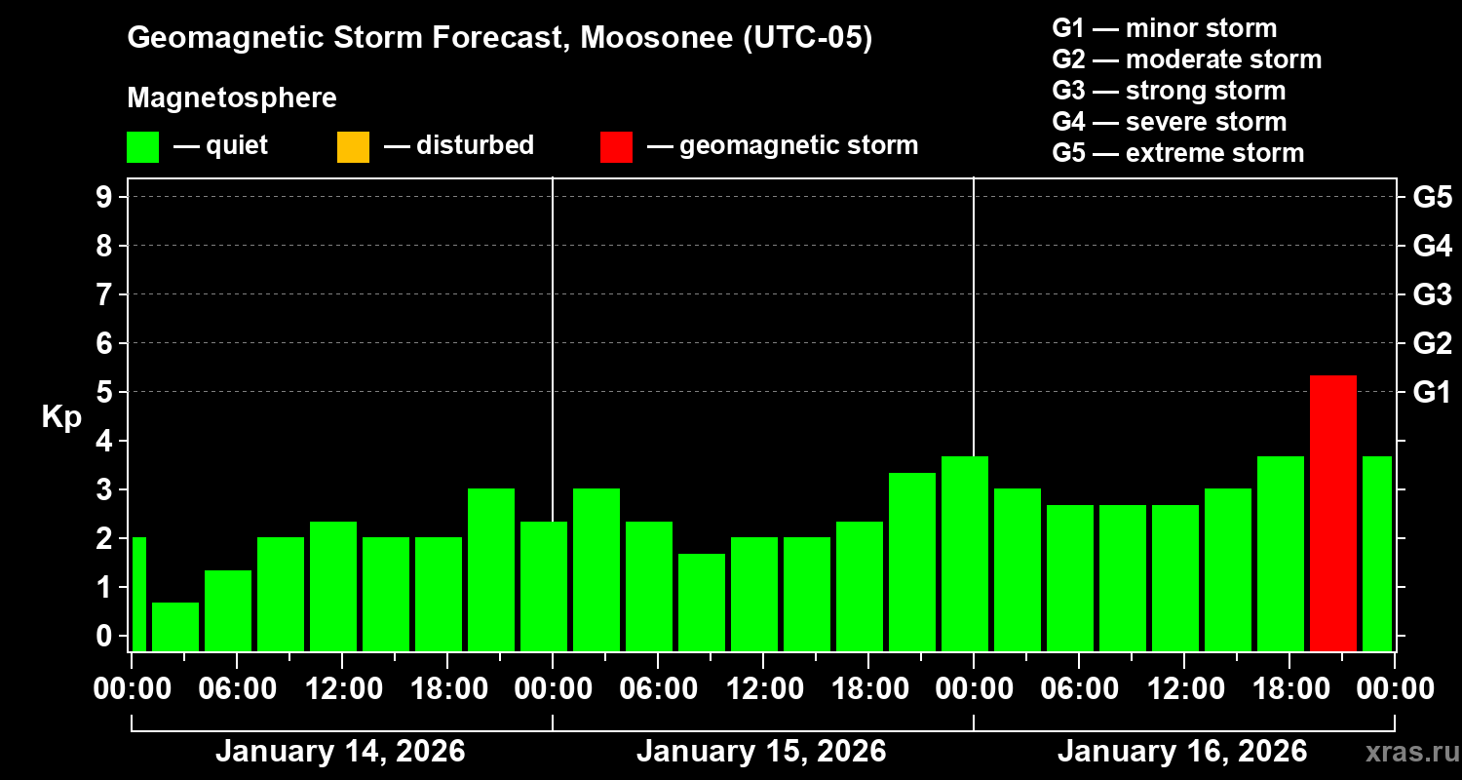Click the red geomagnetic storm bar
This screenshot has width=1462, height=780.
(x=1332, y=513)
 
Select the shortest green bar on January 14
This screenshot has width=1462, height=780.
(x=175, y=626)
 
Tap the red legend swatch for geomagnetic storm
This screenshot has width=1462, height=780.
(x=616, y=146)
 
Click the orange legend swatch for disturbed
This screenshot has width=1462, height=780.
(x=353, y=146)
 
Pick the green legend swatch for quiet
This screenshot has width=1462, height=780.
(x=142, y=146)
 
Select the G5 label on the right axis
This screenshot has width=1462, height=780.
(x=1432, y=197)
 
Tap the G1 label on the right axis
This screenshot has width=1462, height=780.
(x=1432, y=392)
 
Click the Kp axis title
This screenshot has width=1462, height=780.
(x=61, y=417)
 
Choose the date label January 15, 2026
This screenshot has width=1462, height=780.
(x=761, y=752)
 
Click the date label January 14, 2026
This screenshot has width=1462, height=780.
(x=340, y=752)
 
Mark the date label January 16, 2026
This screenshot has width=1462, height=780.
(x=1182, y=752)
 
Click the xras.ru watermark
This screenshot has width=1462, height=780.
(x=1406, y=752)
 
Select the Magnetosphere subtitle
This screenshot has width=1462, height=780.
(x=232, y=98)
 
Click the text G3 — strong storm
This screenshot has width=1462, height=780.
(x=1169, y=91)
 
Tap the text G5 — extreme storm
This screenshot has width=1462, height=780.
(x=1177, y=153)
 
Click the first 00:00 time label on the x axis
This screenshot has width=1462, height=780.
(x=131, y=689)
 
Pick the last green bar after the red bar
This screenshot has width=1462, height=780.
(x=1376, y=553)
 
